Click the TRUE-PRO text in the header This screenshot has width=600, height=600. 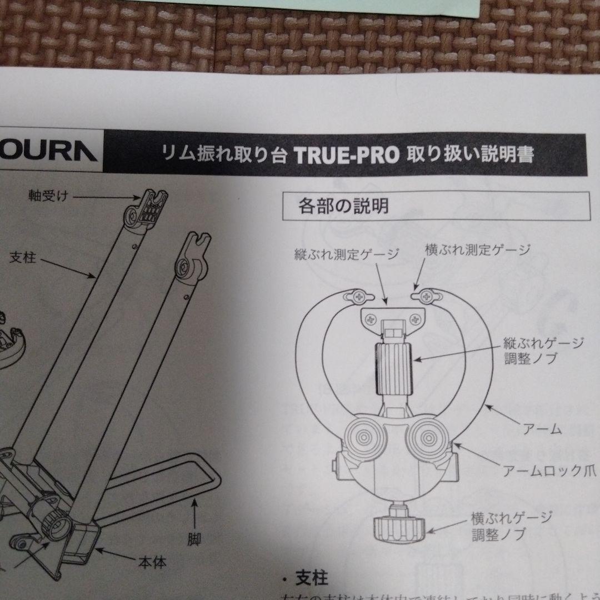[x=346, y=155]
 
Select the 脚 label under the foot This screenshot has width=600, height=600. [x=194, y=538]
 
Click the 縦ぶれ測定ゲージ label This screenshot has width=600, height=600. [x=347, y=255]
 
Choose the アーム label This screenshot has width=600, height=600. [x=543, y=429]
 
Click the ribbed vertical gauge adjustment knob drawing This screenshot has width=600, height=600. [x=394, y=367]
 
